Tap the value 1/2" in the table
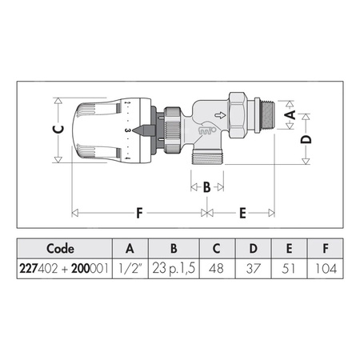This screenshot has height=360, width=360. [129, 270]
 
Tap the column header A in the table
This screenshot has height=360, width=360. [129, 247]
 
